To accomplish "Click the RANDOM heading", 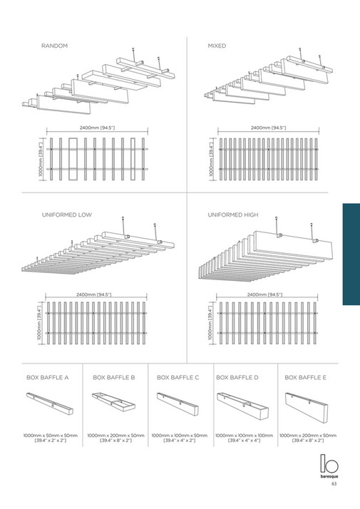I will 55,46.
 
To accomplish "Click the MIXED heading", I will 217,46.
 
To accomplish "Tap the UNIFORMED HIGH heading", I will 233,215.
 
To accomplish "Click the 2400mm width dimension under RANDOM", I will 98,128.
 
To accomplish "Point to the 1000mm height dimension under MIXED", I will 212,160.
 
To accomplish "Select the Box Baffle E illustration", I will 307,406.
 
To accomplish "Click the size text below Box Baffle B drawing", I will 115,438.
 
